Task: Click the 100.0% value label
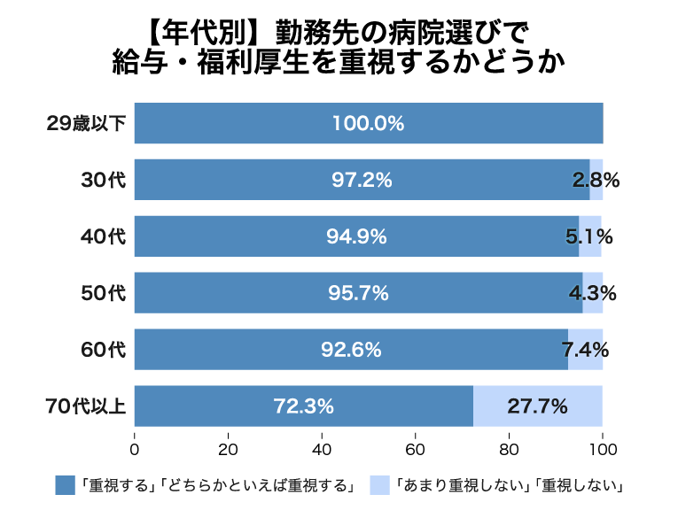point(368,124)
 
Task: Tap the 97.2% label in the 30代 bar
point(362,180)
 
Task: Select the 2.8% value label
point(596,180)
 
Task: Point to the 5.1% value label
point(589,236)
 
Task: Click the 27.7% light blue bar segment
point(538,406)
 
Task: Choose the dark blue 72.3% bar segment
point(303,406)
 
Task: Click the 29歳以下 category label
point(86,124)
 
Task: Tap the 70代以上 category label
point(86,406)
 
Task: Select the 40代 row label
point(104,236)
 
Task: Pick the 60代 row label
point(104,350)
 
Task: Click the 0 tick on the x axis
point(135,446)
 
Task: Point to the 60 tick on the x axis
point(416,446)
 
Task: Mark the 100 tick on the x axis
point(603,446)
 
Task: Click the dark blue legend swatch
point(65,484)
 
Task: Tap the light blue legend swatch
point(381,484)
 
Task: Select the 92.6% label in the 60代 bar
point(351,350)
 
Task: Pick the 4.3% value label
point(592,293)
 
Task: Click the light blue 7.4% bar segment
point(586,350)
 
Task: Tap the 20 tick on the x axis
point(229,446)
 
